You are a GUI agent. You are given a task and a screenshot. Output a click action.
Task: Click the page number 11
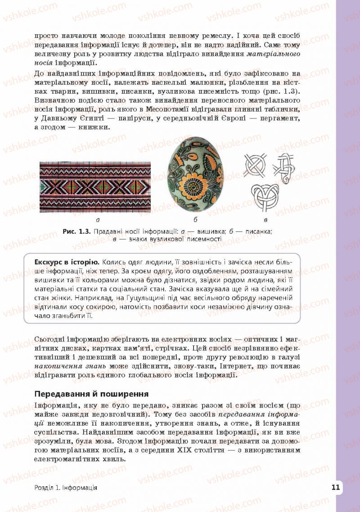pyautogui.click(x=335, y=487)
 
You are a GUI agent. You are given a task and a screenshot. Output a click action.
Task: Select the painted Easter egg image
pyautogui.click(x=195, y=177)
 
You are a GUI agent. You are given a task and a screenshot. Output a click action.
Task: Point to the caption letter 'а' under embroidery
pyautogui.click(x=98, y=220)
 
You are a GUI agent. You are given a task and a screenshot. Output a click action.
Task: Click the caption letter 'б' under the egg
pyautogui.click(x=195, y=220)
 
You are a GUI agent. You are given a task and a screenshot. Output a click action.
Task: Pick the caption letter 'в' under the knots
pyautogui.click(x=265, y=220)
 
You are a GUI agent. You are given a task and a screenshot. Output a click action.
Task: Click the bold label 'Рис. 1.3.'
pyautogui.click(x=77, y=231)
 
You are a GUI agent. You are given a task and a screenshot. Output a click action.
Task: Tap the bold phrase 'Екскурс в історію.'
pyautogui.click(x=67, y=263)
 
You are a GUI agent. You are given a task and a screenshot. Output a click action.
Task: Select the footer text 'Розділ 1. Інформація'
pyautogui.click(x=66, y=488)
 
